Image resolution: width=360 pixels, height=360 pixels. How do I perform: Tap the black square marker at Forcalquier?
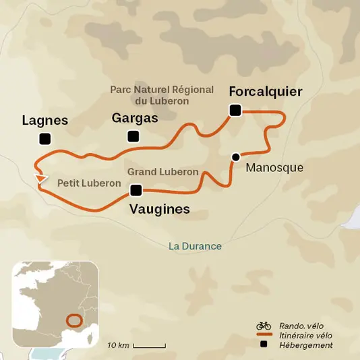[x=235, y=111]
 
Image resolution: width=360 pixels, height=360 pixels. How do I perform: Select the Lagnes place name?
[x=45, y=121]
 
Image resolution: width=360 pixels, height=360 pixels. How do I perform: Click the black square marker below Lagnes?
[x=45, y=139]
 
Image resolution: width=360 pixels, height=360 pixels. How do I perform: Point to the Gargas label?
[x=135, y=118]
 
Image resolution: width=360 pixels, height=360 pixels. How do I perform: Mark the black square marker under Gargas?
[x=133, y=137]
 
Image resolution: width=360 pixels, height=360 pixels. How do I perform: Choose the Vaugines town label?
[x=159, y=210]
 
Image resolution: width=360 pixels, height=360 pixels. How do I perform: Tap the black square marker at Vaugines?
[x=136, y=189]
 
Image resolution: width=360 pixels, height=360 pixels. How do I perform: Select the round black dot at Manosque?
[x=235, y=157]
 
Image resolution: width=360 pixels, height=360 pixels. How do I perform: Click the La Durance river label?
[x=195, y=246]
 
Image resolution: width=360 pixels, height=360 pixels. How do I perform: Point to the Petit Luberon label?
[x=88, y=183]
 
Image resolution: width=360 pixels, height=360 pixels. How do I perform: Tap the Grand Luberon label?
[x=162, y=172]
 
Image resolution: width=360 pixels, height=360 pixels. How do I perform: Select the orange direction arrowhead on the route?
[x=42, y=179]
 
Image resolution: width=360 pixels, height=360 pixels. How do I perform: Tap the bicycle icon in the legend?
[x=264, y=326]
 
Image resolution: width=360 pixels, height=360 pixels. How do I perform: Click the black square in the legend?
[x=264, y=345]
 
